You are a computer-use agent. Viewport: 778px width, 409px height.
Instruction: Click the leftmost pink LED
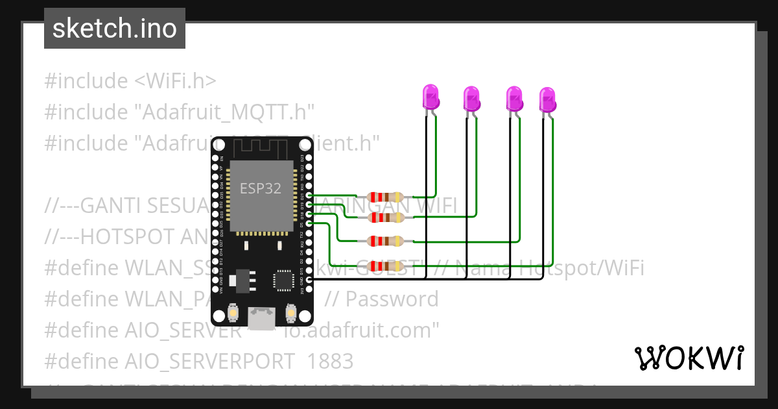pyautogui.click(x=430, y=97)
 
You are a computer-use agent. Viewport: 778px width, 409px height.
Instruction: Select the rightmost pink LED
pyautogui.click(x=548, y=99)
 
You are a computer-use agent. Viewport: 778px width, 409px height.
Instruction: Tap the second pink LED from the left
pyautogui.click(x=471, y=99)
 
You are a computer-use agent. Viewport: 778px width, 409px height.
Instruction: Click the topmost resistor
pyautogui.click(x=386, y=197)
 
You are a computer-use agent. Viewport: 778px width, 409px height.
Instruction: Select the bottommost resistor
pyautogui.click(x=386, y=265)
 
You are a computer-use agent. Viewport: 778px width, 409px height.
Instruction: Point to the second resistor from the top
pyautogui.click(x=386, y=217)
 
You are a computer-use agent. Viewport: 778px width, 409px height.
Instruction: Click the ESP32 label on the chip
pyautogui.click(x=260, y=188)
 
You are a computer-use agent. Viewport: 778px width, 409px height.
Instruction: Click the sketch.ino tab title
pyautogui.click(x=115, y=29)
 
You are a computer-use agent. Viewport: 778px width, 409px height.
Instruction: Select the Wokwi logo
pyautogui.click(x=689, y=358)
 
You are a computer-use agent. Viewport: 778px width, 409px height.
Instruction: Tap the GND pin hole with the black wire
pyautogui.click(x=309, y=279)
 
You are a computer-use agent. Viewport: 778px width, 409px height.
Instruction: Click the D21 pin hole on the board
pyautogui.click(x=309, y=195)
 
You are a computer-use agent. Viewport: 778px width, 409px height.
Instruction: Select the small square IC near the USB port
pyautogui.click(x=283, y=280)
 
